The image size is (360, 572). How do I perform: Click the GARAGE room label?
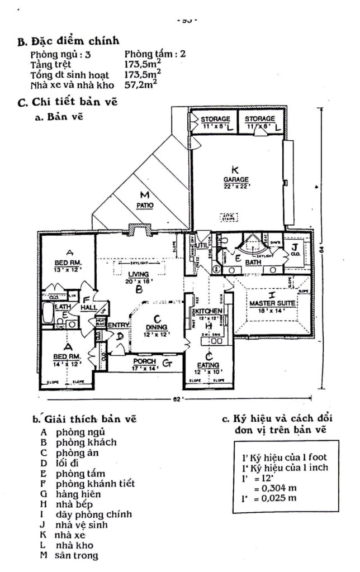(235, 179)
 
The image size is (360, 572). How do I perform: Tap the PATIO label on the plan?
(146, 205)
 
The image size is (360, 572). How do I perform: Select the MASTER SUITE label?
(270, 303)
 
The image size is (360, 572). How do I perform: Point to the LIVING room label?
(138, 274)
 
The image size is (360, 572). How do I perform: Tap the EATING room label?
(207, 365)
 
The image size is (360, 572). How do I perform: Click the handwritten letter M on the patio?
(144, 194)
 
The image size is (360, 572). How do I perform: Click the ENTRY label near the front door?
(118, 326)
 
